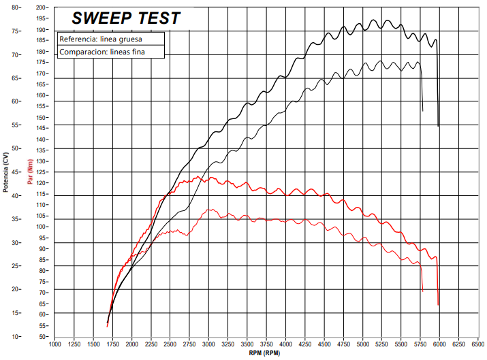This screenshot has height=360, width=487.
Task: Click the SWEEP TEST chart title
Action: tap(126, 18)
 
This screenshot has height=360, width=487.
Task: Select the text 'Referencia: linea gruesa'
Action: tap(100, 39)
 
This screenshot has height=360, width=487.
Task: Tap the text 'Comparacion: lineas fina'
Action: tap(102, 52)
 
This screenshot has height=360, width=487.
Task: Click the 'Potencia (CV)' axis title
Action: tap(5, 171)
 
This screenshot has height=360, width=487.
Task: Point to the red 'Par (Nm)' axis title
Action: tap(29, 171)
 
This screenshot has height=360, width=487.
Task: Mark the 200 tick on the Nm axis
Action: tap(42, 7)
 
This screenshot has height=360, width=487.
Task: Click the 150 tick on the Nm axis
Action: tap(42, 117)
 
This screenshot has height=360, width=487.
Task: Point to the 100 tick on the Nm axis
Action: tap(42, 227)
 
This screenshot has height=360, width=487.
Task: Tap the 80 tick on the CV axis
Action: tap(14, 7)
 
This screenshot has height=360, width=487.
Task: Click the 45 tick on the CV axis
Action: tap(14, 171)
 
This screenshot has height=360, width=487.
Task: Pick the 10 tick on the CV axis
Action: tap(14, 336)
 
